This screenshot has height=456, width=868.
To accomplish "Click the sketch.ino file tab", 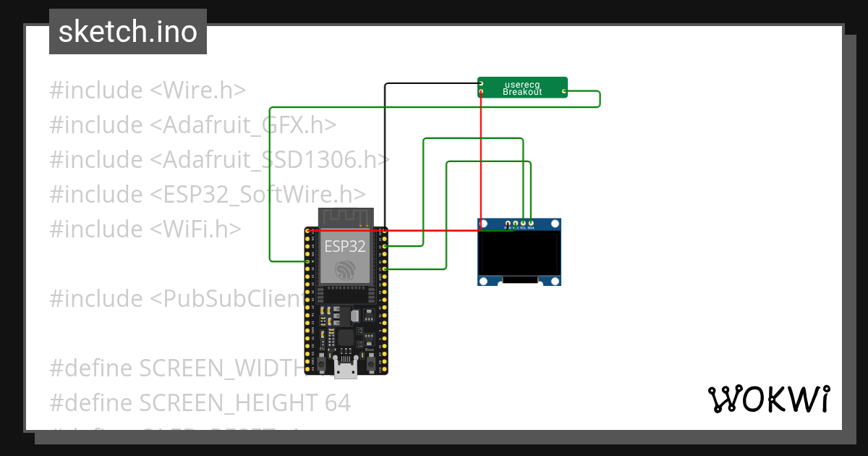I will pyautogui.click(x=128, y=32).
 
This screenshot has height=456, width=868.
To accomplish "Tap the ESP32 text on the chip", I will pyautogui.click(x=344, y=245).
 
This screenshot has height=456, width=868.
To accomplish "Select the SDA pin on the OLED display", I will pyautogui.click(x=531, y=223).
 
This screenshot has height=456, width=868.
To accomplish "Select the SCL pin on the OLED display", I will pyautogui.click(x=523, y=223).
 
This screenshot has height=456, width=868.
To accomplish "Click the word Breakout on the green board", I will pyautogui.click(x=522, y=93).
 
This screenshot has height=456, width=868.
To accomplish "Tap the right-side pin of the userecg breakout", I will pyautogui.click(x=564, y=92).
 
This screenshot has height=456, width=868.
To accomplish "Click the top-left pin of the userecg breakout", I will pyautogui.click(x=481, y=84).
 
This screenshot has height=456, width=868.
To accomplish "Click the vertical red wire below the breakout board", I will pyautogui.click(x=481, y=159).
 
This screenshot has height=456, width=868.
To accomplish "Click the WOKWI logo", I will pyautogui.click(x=768, y=399).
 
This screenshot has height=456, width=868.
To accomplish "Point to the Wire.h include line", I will pyautogui.click(x=148, y=90).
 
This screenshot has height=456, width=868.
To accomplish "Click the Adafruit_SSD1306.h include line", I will pyautogui.click(x=220, y=159).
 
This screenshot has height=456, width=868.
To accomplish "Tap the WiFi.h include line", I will pyautogui.click(x=145, y=229).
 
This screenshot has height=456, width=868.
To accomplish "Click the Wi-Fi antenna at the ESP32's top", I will pyautogui.click(x=346, y=216).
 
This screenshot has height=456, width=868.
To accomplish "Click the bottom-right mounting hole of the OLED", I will pyautogui.click(x=555, y=280).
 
